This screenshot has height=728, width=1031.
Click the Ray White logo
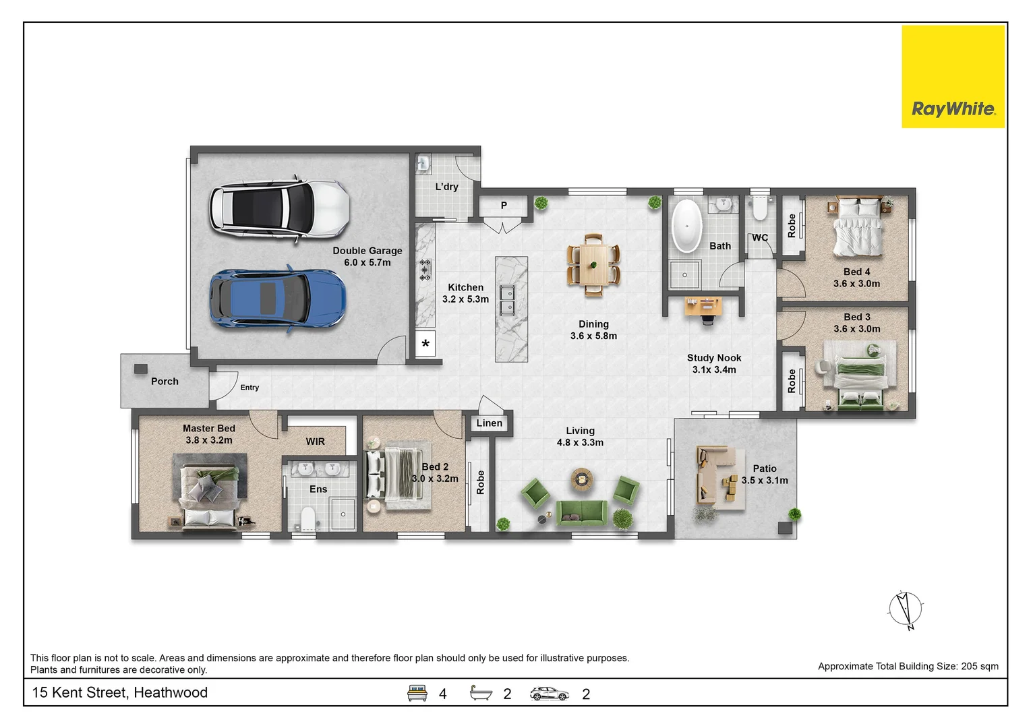point(953,76)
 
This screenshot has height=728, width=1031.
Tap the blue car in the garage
point(278,298)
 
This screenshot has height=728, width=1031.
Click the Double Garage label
point(367,256)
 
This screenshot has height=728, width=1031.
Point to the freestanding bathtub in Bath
point(686,226)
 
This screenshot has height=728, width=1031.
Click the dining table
point(593,265)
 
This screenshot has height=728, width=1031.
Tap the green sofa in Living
point(581,512)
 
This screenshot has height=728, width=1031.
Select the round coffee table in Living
point(582,479)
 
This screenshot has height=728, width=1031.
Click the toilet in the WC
point(760,208)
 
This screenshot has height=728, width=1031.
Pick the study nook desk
point(703,306)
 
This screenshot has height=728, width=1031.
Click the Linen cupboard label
point(490,423)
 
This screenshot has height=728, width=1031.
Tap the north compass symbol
point(906,609)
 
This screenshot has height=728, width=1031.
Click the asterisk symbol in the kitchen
point(425,344)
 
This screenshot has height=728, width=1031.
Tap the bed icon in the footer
point(417,693)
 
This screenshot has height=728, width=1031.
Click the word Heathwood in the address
point(171,692)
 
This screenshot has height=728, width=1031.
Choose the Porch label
point(165,382)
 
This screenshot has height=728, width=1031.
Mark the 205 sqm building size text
point(980,667)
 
